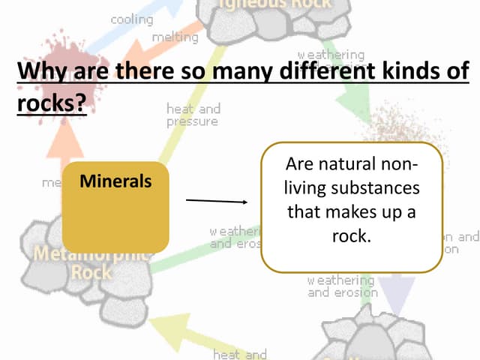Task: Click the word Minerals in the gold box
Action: pyautogui.click(x=115, y=181)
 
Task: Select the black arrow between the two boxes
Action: pyautogui.click(x=216, y=201)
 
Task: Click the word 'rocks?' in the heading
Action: pyautogui.click(x=50, y=103)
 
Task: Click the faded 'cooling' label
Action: pyautogui.click(x=132, y=19)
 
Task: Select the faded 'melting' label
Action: pyautogui.click(x=175, y=36)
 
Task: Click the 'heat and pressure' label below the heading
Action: pyautogui.click(x=193, y=115)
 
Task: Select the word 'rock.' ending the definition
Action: pyautogui.click(x=352, y=235)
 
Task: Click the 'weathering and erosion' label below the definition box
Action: pyautogui.click(x=342, y=286)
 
